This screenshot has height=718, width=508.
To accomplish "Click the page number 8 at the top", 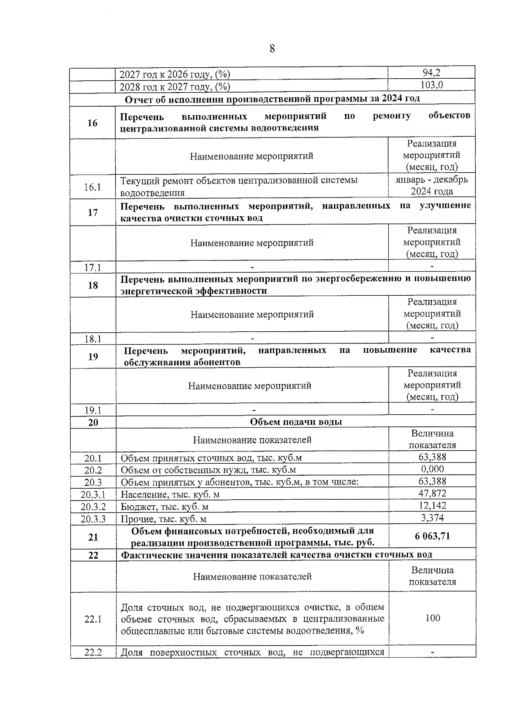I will click(x=272, y=49).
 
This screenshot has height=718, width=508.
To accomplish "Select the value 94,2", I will click(x=431, y=73).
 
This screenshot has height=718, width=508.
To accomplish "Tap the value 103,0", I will click(x=431, y=85).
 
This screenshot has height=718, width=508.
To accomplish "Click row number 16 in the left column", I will click(x=92, y=123).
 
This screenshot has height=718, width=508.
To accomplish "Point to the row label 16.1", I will click(x=92, y=187).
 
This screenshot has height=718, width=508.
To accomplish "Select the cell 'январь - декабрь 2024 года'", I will click(x=432, y=185).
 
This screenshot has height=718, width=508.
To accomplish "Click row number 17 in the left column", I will click(x=92, y=212).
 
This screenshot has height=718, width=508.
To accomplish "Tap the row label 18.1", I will click(x=92, y=339).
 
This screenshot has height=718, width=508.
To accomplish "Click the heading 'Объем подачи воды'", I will click(x=295, y=422).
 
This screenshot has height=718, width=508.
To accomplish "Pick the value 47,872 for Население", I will click(x=432, y=493).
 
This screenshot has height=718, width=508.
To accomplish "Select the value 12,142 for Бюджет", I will click(x=432, y=506).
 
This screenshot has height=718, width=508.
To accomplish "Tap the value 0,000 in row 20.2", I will click(x=432, y=469).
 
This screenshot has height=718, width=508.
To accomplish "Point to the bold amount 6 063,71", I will click(x=432, y=536).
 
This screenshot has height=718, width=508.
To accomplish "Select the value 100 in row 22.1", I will click(x=432, y=618).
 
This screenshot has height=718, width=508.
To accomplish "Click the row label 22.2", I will click(x=93, y=652).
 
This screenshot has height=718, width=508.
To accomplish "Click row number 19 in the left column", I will click(x=93, y=357).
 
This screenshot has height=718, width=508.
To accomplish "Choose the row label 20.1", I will click(x=93, y=458).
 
